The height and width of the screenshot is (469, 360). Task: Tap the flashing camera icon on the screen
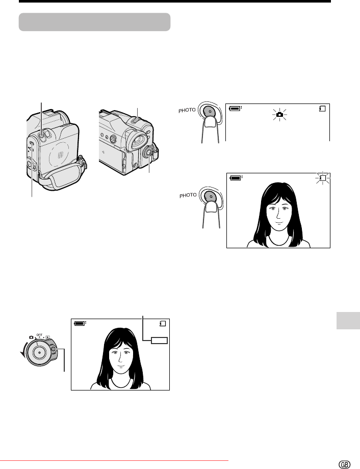click(x=279, y=115)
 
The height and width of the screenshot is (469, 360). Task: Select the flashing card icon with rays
click(x=323, y=178)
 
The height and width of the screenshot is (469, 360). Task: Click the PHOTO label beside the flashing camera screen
click(x=187, y=110)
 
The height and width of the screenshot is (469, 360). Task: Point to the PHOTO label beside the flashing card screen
click(x=188, y=195)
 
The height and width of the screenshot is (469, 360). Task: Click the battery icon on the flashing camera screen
click(x=235, y=108)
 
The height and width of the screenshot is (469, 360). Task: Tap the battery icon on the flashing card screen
click(x=236, y=178)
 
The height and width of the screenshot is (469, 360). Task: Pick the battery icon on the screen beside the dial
click(x=80, y=323)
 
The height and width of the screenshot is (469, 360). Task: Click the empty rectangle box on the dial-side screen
click(x=159, y=341)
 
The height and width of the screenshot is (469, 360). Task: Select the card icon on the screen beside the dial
click(x=163, y=323)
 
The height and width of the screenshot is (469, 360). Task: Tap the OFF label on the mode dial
click(x=40, y=334)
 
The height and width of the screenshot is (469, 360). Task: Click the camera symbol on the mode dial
click(x=32, y=337)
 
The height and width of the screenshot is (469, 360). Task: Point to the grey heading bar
click(x=94, y=22)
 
